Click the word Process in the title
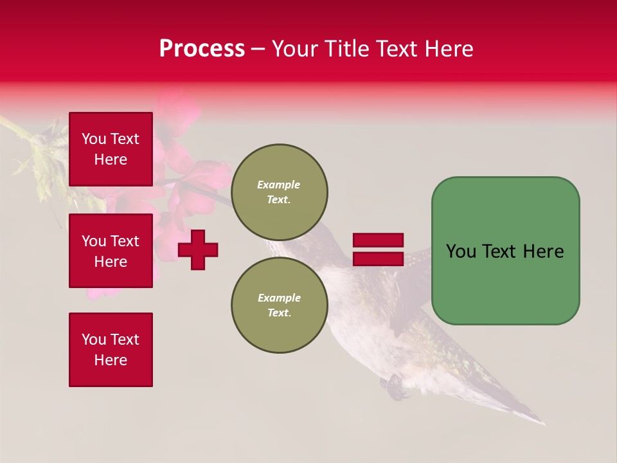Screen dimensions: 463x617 click(202, 49)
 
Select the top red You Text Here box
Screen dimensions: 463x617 click(111, 149)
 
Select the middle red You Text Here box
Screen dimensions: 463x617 click(111, 251)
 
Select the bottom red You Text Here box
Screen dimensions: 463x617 click(111, 350)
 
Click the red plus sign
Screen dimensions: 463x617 click(198, 250)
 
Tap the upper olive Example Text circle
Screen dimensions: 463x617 click(279, 192)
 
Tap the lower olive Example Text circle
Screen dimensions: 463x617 click(279, 305)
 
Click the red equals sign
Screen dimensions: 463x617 click(378, 250)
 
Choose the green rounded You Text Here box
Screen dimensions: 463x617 click(505, 251)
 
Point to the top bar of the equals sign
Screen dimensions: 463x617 click(378, 240)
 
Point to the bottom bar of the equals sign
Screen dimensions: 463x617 click(378, 259)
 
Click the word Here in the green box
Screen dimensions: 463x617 click(543, 251)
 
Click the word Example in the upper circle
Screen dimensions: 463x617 click(279, 185)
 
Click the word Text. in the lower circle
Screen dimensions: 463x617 click(279, 313)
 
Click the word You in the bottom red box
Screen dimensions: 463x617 click(93, 340)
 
